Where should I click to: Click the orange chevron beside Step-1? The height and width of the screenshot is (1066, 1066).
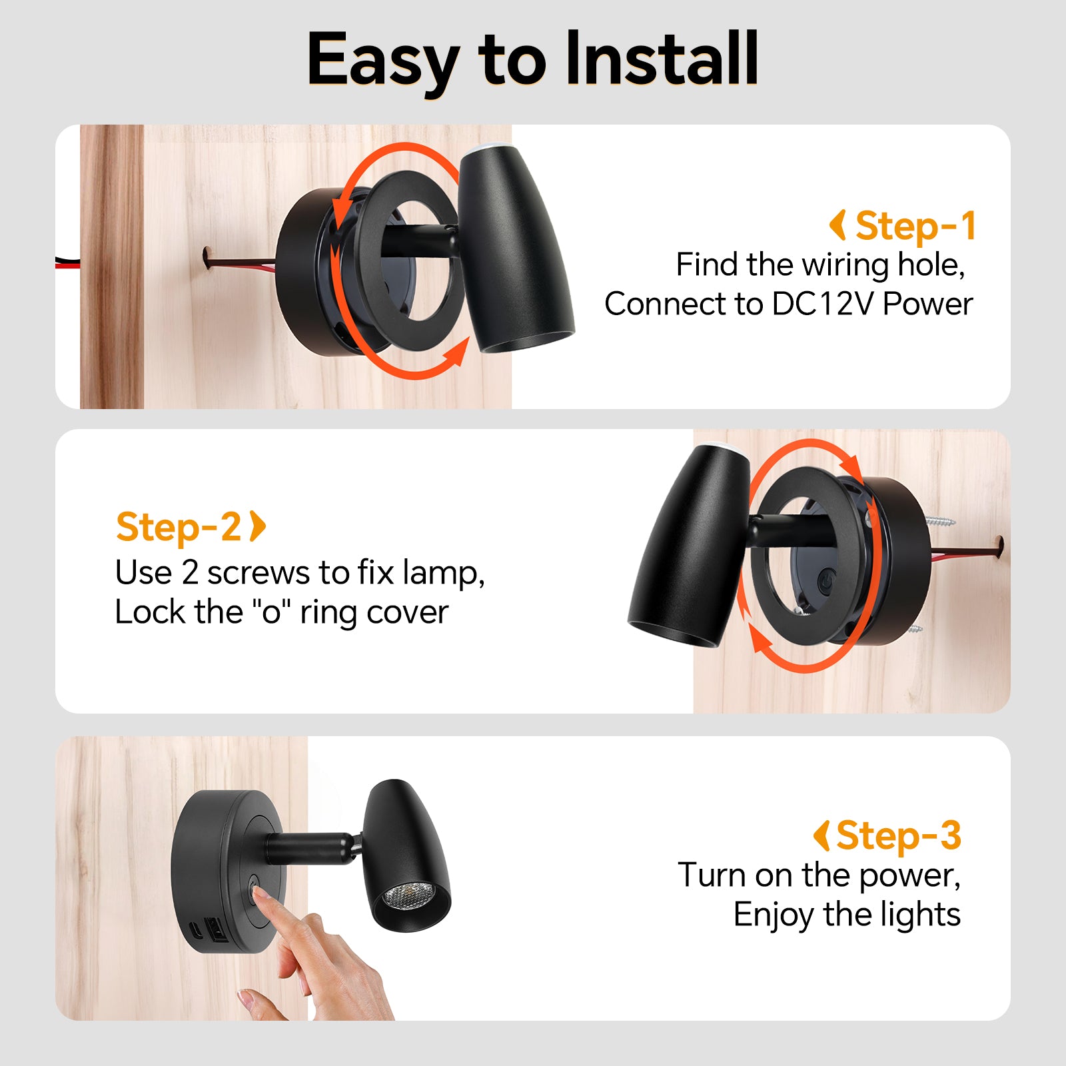click(x=838, y=225)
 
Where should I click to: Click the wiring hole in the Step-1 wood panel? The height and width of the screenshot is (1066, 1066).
click(x=208, y=257)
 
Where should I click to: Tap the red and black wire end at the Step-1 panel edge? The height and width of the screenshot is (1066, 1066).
click(x=67, y=261)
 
